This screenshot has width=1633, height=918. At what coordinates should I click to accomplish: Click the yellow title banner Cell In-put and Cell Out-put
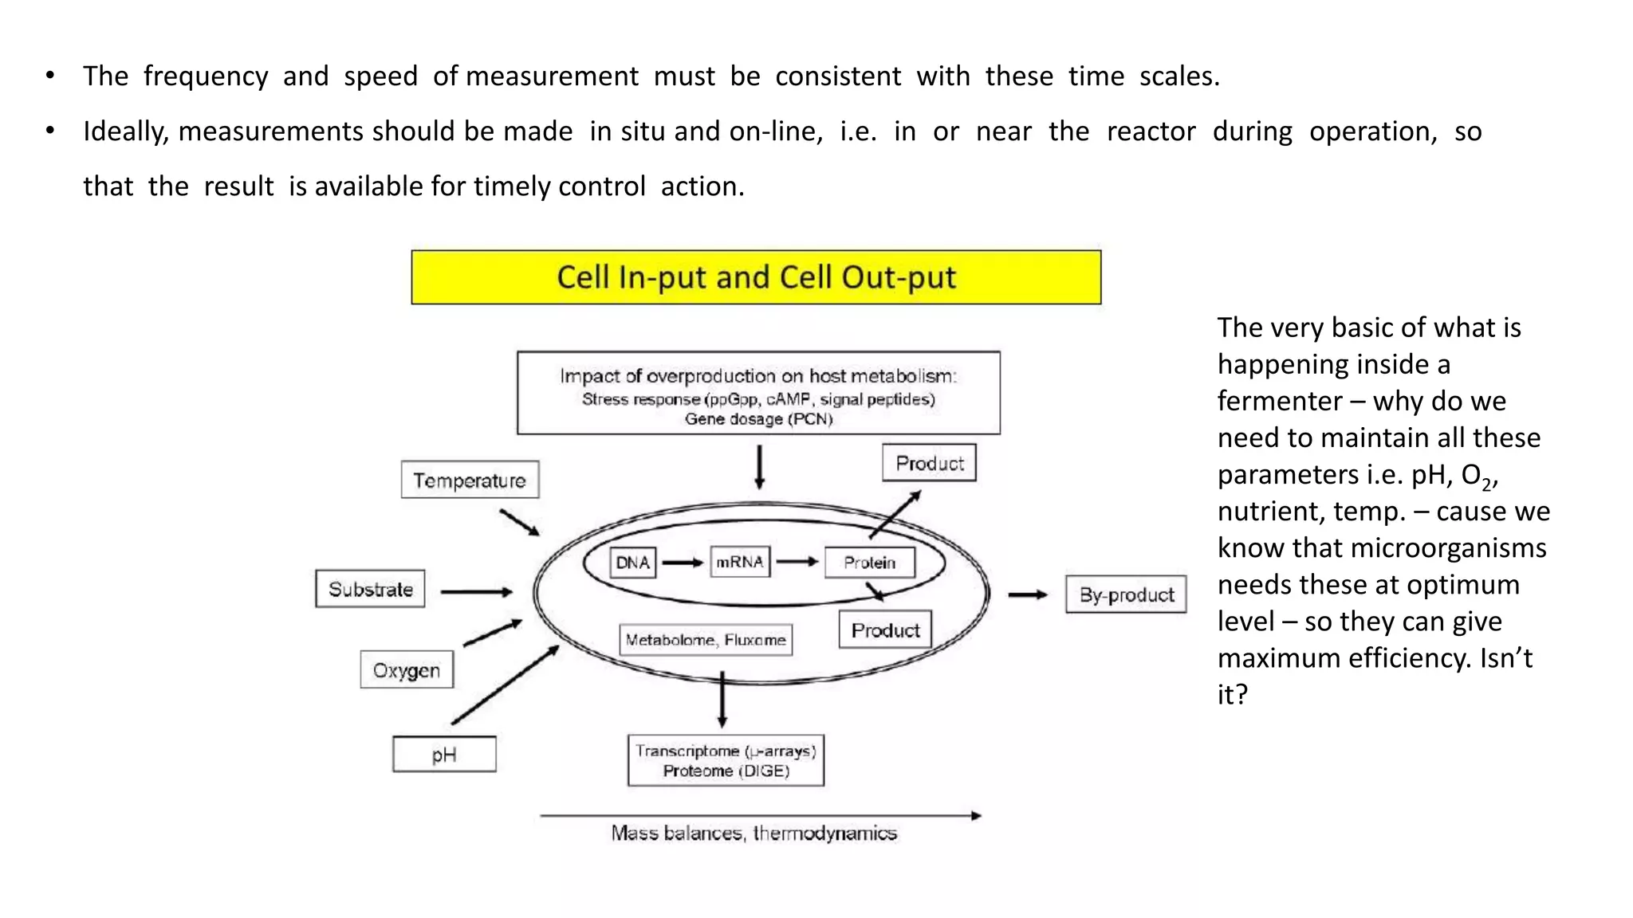coord(756,277)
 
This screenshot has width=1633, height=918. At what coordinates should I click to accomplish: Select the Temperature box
coord(470,480)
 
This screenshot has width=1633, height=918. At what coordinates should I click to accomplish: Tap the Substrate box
coord(370,589)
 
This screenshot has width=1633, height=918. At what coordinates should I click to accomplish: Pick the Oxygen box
coord(407,669)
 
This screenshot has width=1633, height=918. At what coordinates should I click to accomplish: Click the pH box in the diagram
coord(444,754)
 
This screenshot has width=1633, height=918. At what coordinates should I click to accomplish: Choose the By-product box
coord(1126,594)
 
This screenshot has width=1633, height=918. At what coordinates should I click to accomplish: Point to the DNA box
coord(632,563)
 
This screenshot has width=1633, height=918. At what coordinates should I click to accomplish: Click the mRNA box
coord(740,562)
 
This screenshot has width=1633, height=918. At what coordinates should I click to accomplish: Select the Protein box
coord(869,563)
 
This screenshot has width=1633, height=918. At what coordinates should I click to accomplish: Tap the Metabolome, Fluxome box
coord(706,640)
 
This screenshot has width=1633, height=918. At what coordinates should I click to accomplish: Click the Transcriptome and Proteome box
coord(726,760)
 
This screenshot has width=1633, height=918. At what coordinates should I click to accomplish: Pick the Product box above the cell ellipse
coord(929,463)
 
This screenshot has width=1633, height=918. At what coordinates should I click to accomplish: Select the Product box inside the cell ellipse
coord(885,630)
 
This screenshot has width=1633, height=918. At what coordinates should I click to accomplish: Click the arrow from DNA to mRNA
coord(683,563)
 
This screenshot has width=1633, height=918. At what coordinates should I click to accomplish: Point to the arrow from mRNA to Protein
coord(797,562)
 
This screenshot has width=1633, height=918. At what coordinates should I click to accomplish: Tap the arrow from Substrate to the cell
coord(476,592)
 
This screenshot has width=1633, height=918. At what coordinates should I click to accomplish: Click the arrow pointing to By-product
coord(1028,594)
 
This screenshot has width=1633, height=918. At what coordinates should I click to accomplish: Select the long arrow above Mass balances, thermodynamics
coord(761,815)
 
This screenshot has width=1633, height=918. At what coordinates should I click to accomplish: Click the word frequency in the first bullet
coord(206,76)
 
